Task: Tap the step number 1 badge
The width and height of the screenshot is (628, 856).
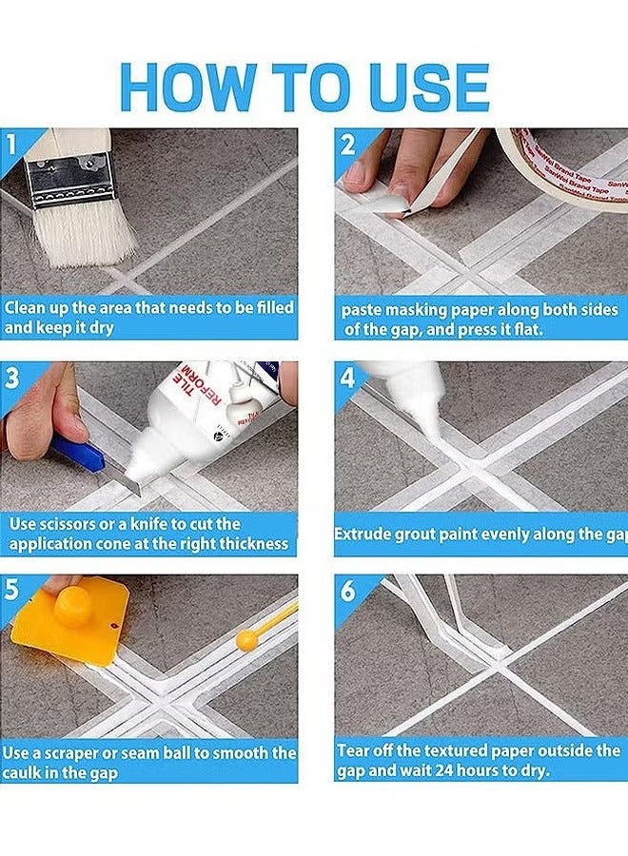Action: (11, 144)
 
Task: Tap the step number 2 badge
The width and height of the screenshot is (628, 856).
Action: (347, 145)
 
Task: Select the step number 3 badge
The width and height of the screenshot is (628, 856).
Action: (12, 378)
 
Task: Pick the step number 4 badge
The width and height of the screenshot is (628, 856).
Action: (348, 378)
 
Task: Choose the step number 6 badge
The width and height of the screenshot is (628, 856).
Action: (348, 591)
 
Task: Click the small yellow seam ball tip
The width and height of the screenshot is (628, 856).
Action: (246, 640)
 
